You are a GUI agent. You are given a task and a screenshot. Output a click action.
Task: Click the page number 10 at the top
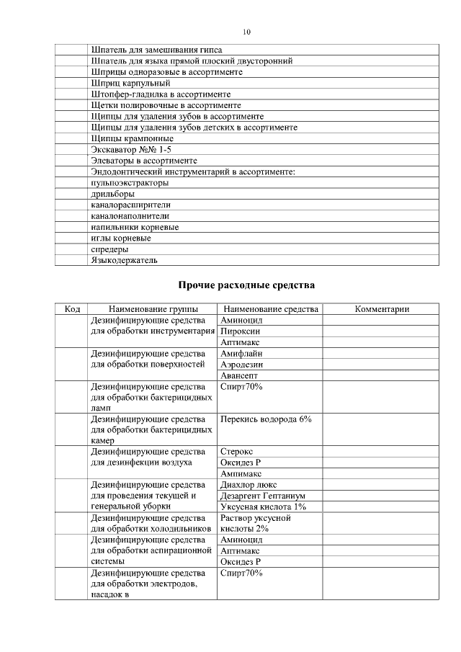[x=246, y=32]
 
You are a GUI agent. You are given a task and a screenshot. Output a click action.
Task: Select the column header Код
[x=72, y=309]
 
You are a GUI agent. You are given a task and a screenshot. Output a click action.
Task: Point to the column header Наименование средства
[x=269, y=309]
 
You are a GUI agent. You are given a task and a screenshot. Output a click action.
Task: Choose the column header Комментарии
[x=382, y=309]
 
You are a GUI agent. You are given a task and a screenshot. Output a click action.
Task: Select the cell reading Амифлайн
[x=242, y=354]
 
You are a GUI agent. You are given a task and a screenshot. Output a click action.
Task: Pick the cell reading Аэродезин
[x=243, y=365]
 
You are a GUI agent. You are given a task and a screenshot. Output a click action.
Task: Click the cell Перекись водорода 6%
[x=266, y=419]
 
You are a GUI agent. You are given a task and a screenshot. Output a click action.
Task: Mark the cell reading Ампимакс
[x=241, y=473]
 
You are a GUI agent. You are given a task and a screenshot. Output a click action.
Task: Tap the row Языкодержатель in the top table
[x=124, y=260]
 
